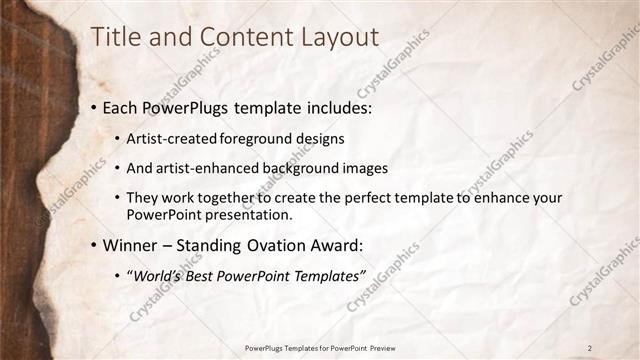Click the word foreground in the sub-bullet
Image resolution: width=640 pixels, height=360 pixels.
pos(240,138)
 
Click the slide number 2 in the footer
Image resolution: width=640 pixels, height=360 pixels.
pos(590,347)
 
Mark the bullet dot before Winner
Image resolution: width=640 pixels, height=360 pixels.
pos(94,245)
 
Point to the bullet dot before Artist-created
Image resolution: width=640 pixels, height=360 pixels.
pos(118,138)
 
